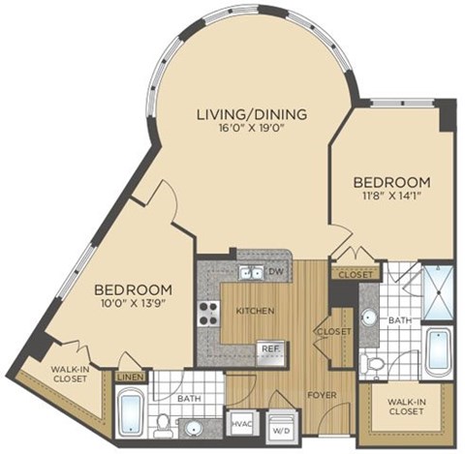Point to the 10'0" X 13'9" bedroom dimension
pos(133,305)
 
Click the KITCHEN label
pos(255,311)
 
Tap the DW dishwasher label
pos(276,272)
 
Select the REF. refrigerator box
pos(268,348)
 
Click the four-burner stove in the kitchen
pos(209,312)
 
